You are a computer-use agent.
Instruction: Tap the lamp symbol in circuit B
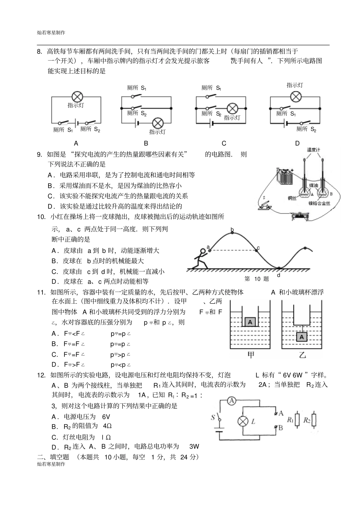pos(158,123)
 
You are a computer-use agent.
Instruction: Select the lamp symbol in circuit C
pos(232,108)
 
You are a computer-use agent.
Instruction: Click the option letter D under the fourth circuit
pos(297,143)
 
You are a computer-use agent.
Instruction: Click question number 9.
pos(39,154)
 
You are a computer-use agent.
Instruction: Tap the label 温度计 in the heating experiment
pos(313,150)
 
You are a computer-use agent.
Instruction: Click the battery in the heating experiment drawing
pos(285,176)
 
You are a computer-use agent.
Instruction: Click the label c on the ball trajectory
pos(258,248)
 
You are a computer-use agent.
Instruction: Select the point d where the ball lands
pos(279,275)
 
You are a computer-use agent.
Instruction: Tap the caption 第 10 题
pos(256,279)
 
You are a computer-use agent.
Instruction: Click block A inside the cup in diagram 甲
pos(250,322)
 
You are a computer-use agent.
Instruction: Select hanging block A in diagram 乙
pos(302,337)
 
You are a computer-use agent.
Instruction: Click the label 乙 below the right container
pos(302,355)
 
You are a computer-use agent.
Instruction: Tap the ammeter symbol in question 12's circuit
pos(232,401)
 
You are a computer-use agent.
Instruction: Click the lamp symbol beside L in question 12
pos(242,421)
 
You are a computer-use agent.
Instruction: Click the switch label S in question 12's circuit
pos(213,417)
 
